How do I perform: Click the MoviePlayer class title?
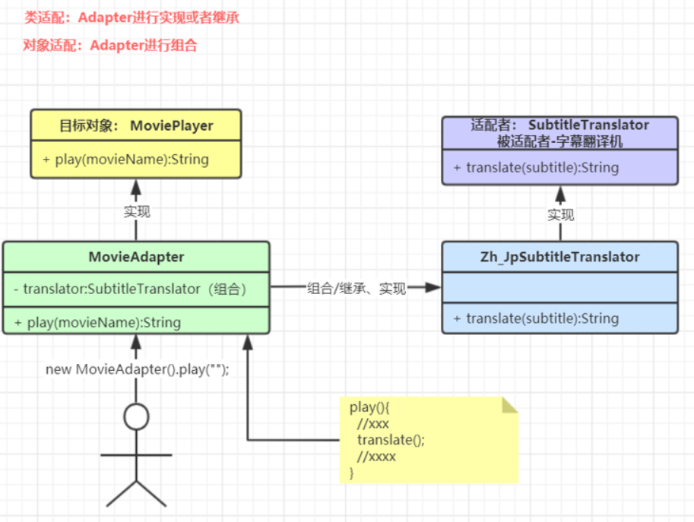pos(136,125)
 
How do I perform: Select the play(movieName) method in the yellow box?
pos(125,160)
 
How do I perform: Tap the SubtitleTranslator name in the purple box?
pos(588,125)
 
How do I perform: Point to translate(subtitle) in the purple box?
pos(537,168)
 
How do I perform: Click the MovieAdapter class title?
pos(136,257)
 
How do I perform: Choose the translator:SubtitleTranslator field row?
pos(130,289)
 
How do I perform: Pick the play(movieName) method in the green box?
pos(98,322)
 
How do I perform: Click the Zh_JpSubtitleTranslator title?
pos(560,257)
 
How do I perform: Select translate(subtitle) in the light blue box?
pos(537,318)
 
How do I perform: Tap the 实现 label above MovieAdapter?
pos(137,212)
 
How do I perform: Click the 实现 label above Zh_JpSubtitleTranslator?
pos(561,215)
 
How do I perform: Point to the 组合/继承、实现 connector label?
pos(357,289)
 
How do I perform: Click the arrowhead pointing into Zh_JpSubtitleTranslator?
pos(433,287)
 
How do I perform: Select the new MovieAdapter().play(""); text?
pos(138,369)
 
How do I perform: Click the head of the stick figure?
pos(136,416)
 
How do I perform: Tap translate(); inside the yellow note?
pos(391,440)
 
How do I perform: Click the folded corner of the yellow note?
pos(510,405)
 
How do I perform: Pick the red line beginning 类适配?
pos(132,17)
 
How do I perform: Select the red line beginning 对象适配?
pos(109,45)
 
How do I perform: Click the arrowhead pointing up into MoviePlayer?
pos(136,188)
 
